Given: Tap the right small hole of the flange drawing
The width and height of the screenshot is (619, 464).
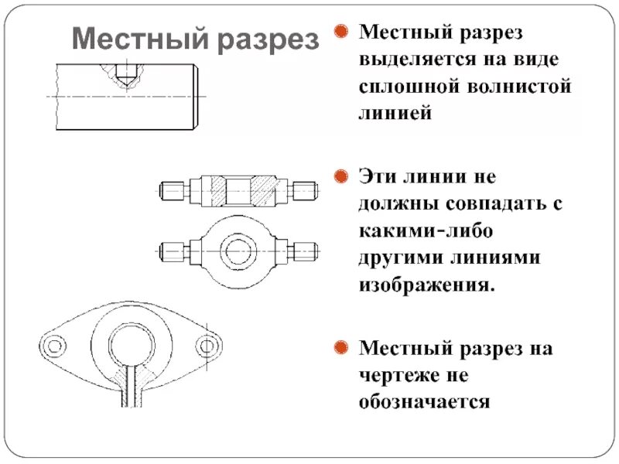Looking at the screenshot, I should point(206,346).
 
